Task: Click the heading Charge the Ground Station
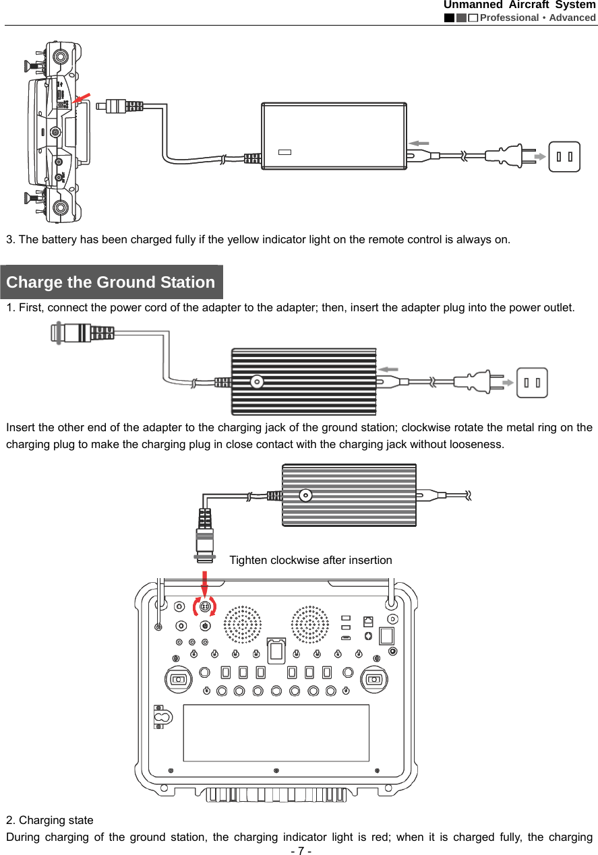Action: point(111,282)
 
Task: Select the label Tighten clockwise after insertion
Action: point(310,560)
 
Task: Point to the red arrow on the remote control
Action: point(81,100)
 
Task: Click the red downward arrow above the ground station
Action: point(204,583)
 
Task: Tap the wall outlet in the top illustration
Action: point(564,157)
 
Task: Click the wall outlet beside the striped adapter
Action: point(532,383)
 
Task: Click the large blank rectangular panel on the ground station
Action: point(276,732)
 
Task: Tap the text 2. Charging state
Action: point(50,820)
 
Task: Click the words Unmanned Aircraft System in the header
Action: point(519,5)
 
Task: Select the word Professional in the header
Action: point(509,18)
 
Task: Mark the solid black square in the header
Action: point(449,18)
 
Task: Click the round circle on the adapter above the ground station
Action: point(305,495)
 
